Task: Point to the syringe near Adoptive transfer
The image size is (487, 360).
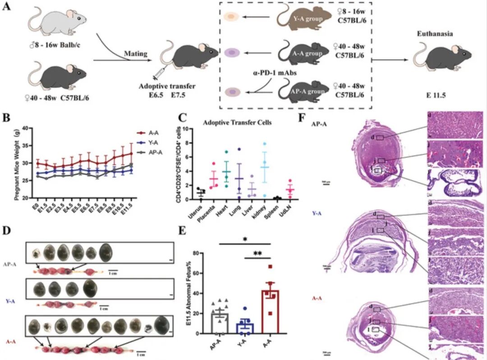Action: tap(159, 71)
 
